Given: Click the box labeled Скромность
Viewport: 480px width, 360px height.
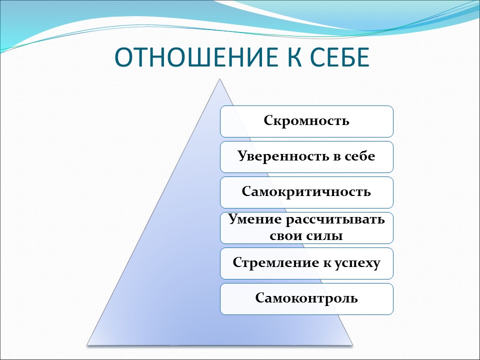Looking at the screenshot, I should coord(306,121).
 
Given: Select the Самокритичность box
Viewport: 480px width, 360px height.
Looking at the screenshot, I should coord(306,192).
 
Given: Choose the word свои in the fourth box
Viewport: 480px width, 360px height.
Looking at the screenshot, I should coord(285,235).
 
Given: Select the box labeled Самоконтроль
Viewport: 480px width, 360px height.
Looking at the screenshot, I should coord(306,298).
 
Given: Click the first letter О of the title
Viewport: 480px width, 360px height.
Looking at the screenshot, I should coord(123,58).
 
